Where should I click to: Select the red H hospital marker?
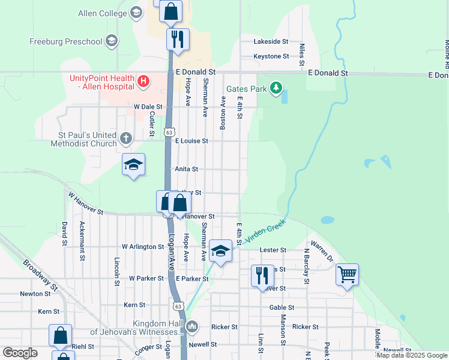[x=143, y=80]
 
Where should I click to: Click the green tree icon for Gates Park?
[x=276, y=89]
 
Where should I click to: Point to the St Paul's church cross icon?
[x=125, y=139]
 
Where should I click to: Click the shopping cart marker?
[x=347, y=275]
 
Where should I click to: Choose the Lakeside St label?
[x=271, y=41]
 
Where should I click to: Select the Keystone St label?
[x=271, y=56]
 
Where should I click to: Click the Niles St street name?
[x=302, y=54]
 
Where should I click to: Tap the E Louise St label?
[x=191, y=141]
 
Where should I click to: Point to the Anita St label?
[x=186, y=169]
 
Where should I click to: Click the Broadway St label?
[x=41, y=275]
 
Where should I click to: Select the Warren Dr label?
[x=322, y=252]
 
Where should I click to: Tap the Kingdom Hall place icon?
[x=192, y=327]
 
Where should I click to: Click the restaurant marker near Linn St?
[x=262, y=275]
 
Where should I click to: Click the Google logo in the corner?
[x=20, y=353]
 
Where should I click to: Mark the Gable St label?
[x=282, y=307]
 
